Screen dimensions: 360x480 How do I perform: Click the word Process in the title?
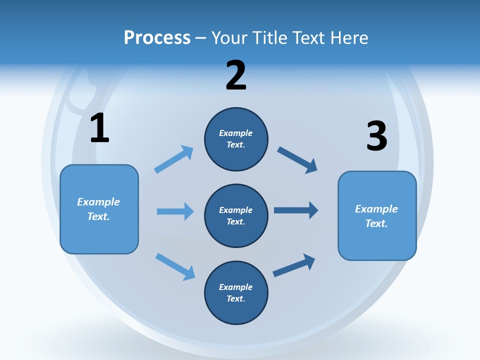pos(157,38)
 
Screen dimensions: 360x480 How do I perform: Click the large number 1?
pos(99,128)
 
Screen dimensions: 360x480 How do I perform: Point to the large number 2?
pos(236,75)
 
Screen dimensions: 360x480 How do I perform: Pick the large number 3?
pos(376,136)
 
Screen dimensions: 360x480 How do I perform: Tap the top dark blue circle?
pos(236,139)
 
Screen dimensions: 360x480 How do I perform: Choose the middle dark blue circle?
pos(236,215)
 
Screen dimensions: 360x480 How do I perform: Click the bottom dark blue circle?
pos(236,292)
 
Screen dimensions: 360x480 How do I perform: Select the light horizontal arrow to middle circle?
pos(175,211)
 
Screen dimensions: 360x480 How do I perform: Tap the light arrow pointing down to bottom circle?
pos(175,266)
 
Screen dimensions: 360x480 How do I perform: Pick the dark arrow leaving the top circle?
pos(297,160)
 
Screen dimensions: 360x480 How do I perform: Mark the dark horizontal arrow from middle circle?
pos(296,210)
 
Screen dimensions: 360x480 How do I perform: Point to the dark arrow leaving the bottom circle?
pos(294,265)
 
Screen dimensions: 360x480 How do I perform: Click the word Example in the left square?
pos(98,202)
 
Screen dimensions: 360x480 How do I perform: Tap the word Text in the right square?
pos(376,223)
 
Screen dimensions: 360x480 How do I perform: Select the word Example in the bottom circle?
pos(235,287)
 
